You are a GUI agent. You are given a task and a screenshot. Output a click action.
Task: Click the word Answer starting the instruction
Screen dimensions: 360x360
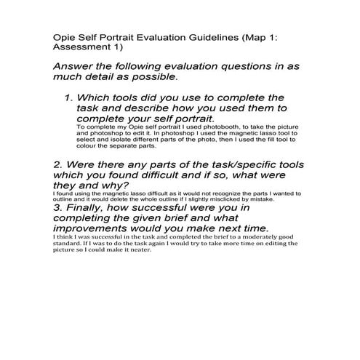coord(73,65)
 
